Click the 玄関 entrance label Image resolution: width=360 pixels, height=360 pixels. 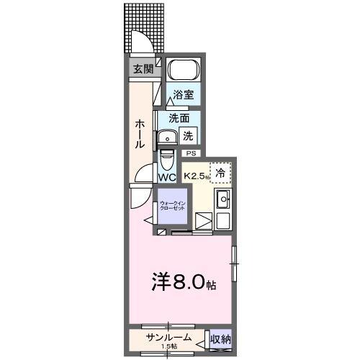pos(142,69)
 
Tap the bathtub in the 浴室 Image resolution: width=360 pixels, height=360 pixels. pos(183,71)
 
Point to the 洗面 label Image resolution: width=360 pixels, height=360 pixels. pos(179,118)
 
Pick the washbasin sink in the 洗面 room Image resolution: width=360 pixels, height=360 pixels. pos(170,137)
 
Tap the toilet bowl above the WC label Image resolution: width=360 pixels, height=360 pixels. pos(166,157)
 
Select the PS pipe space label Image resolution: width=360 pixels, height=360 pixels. pos(190,153)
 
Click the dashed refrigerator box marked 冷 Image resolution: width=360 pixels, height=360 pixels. pos(221,172)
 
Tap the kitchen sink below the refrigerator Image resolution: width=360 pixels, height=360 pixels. pos(222,200)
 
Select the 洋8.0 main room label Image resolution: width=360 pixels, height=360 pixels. pos(184,282)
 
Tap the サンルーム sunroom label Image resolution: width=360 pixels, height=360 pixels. pos(168,337)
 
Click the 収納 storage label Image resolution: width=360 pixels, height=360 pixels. pos(220,338)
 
